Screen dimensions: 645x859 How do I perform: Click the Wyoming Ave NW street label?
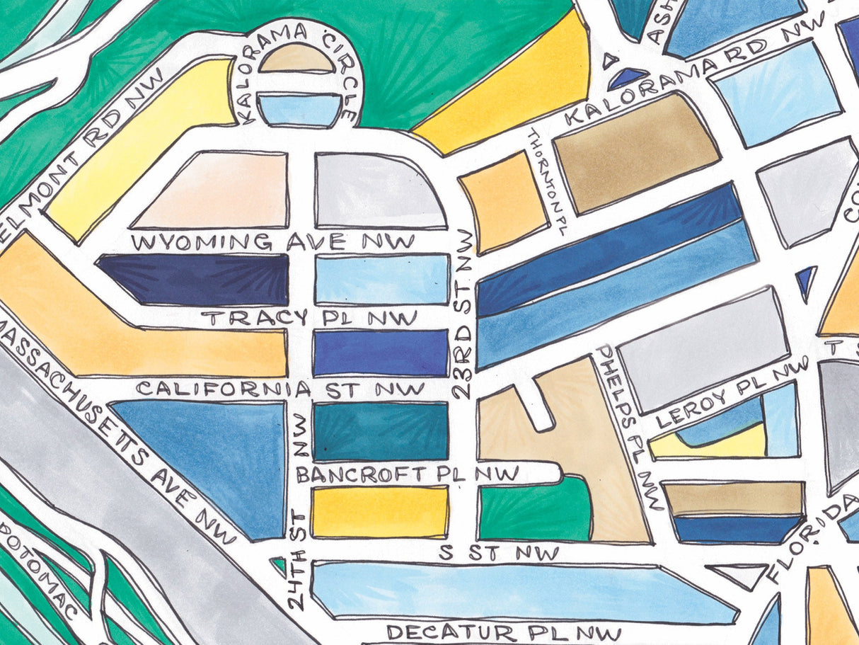273,242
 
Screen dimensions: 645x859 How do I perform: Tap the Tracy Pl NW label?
309,318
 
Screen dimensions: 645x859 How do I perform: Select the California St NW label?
281,389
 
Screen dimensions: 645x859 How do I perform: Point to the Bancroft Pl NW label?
408,474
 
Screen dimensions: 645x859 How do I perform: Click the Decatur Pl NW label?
504,632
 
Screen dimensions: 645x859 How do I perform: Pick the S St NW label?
499,553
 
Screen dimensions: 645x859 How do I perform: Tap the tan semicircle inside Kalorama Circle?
297,59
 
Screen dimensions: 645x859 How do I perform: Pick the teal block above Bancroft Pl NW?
380,430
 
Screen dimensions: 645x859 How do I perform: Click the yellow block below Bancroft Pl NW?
380,511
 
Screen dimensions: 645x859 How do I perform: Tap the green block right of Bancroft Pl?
534,512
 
